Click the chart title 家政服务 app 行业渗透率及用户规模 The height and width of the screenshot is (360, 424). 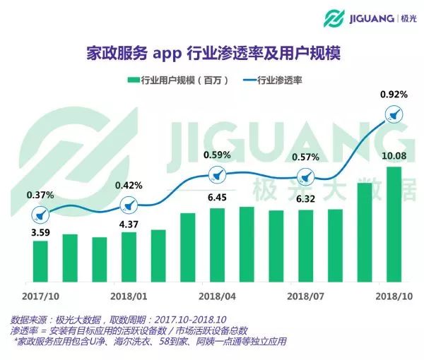point(211,54)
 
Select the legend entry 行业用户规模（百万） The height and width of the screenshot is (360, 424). point(177,80)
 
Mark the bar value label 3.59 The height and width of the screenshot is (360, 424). point(41,230)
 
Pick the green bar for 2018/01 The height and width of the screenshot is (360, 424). point(129,256)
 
